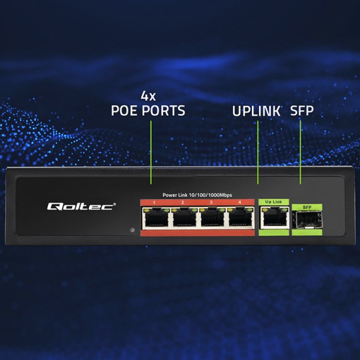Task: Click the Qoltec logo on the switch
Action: [81, 206]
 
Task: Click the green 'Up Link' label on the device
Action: [273, 202]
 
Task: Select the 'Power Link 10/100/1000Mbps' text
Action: [197, 195]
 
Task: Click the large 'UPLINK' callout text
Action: [256, 111]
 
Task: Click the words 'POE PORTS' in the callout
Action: [147, 111]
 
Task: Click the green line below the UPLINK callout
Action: [258, 154]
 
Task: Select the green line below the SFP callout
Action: [300, 154]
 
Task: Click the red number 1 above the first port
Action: [154, 202]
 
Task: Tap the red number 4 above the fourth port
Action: [240, 202]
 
